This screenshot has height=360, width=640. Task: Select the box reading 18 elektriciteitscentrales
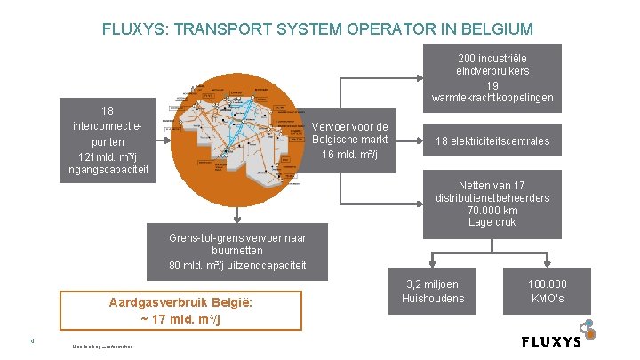[492, 141]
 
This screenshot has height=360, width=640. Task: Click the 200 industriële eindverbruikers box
[492, 76]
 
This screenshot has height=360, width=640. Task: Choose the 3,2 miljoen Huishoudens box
[432, 292]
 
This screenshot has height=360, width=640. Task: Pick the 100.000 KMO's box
[548, 292]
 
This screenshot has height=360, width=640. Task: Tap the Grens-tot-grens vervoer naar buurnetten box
[236, 252]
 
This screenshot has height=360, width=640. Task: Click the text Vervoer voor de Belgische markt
[350, 140]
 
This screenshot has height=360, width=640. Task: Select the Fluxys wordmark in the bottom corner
[551, 340]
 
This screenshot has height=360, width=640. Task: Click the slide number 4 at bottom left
[31, 338]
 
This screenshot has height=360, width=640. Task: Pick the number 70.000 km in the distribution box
[492, 210]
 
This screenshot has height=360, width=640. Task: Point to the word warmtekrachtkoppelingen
[492, 97]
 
